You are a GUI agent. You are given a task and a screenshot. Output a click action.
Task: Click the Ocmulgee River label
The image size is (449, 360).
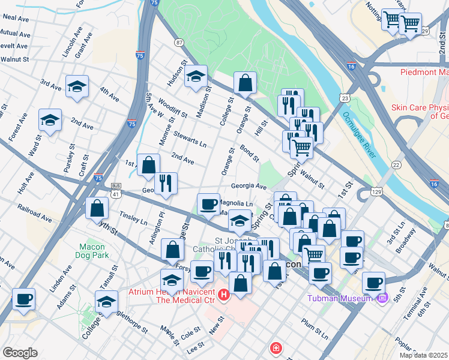pos(357,135)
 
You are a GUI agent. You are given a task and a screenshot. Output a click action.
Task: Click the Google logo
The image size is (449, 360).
pos(19,353)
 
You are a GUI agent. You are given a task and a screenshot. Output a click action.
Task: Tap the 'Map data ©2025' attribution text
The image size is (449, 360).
pos(423,355)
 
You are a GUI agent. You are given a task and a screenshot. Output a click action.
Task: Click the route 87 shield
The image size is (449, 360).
pos(179,42)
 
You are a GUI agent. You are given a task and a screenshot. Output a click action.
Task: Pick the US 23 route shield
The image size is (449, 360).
pos(345,97)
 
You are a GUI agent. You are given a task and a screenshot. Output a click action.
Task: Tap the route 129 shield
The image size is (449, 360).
pos(376,191)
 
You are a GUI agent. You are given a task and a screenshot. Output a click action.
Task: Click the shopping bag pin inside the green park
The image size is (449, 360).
pos(246,83)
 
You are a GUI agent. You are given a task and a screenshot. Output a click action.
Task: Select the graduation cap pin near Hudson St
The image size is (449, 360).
pos(196,77)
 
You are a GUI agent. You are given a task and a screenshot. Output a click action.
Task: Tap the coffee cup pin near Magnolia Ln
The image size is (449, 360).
pos(209,205)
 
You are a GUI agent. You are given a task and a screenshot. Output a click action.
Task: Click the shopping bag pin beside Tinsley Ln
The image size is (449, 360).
pos(97,209)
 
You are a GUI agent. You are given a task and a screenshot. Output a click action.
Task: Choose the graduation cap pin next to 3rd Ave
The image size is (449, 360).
pos(77,86)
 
